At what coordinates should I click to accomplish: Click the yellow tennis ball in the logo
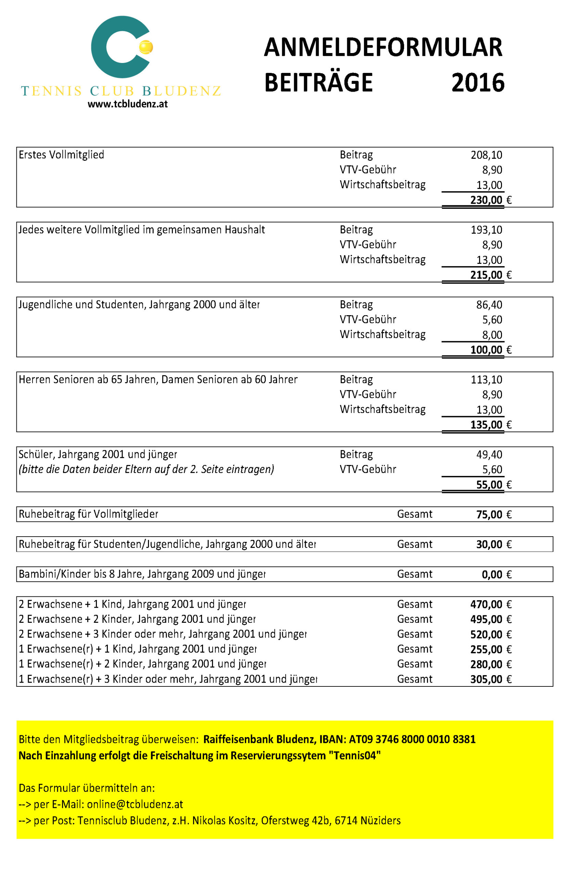point(146,47)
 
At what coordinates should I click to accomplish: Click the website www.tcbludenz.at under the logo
point(128,104)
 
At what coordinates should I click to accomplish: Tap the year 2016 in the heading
point(478,83)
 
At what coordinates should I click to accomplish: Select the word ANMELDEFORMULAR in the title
point(383,48)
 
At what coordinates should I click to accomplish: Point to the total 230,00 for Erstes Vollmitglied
point(486,200)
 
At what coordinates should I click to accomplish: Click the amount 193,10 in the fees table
point(487,230)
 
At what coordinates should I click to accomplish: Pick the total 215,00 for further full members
point(486,275)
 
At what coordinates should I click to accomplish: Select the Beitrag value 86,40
point(489,305)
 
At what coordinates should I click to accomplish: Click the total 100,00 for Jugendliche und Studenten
point(486,350)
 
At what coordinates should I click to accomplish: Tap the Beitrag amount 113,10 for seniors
point(487,380)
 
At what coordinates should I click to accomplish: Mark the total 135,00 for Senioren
point(486,425)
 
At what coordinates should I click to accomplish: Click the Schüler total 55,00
point(489,485)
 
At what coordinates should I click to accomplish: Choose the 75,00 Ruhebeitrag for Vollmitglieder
point(489,515)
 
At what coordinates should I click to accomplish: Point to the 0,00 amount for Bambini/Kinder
point(492,574)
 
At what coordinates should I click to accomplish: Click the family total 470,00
point(486,604)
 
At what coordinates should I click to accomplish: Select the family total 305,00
point(486,680)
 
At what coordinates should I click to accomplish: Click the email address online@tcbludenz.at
point(135,804)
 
